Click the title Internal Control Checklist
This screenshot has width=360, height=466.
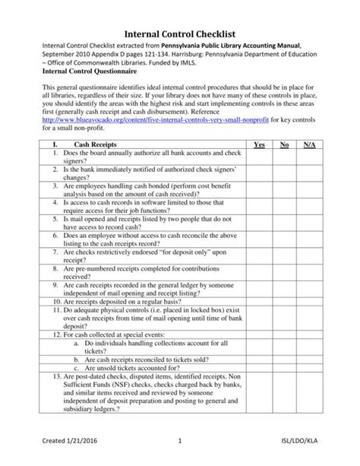[x=180, y=33]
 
